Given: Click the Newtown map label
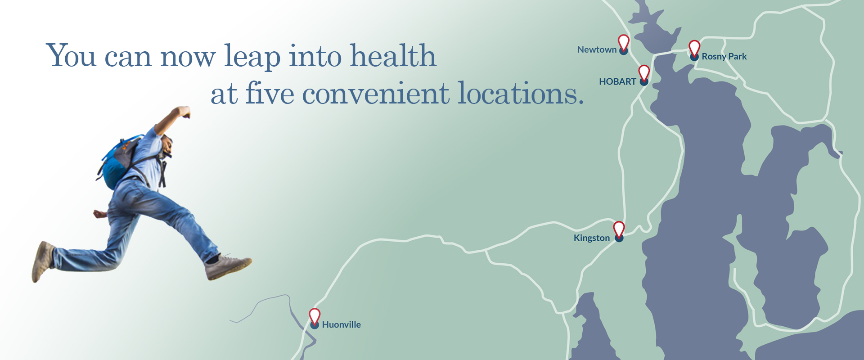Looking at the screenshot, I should point(597,50).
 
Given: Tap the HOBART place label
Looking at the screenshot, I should point(617,82).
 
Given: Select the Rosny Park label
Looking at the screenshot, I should point(724,57).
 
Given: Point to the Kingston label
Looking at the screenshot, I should point(591,238).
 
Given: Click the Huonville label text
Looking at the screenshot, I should point(341,324).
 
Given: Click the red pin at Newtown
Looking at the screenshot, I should point(623,42).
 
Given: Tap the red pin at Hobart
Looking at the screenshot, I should point(644,72).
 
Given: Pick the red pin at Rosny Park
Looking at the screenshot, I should point(694,48).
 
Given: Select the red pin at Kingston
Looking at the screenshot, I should point(619,229).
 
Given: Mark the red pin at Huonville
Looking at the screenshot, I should point(315,316).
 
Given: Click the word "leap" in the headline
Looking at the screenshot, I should point(252,57).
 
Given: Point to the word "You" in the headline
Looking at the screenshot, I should point(71,56).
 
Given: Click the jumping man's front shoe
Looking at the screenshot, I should point(228,266).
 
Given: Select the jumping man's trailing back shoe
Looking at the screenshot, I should point(42,261).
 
